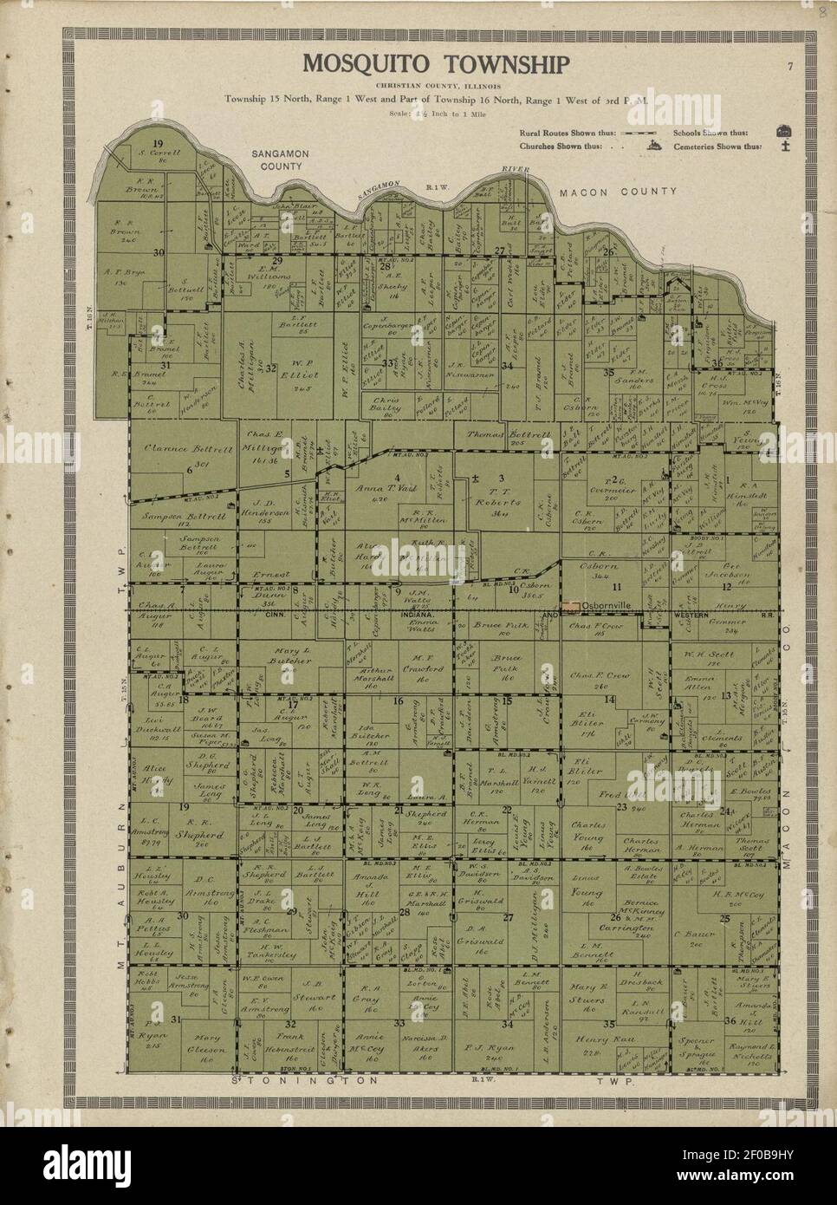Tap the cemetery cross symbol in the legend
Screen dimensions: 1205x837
pyautogui.click(x=785, y=146)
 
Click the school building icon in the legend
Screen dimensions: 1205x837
pyautogui.click(x=785, y=132)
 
